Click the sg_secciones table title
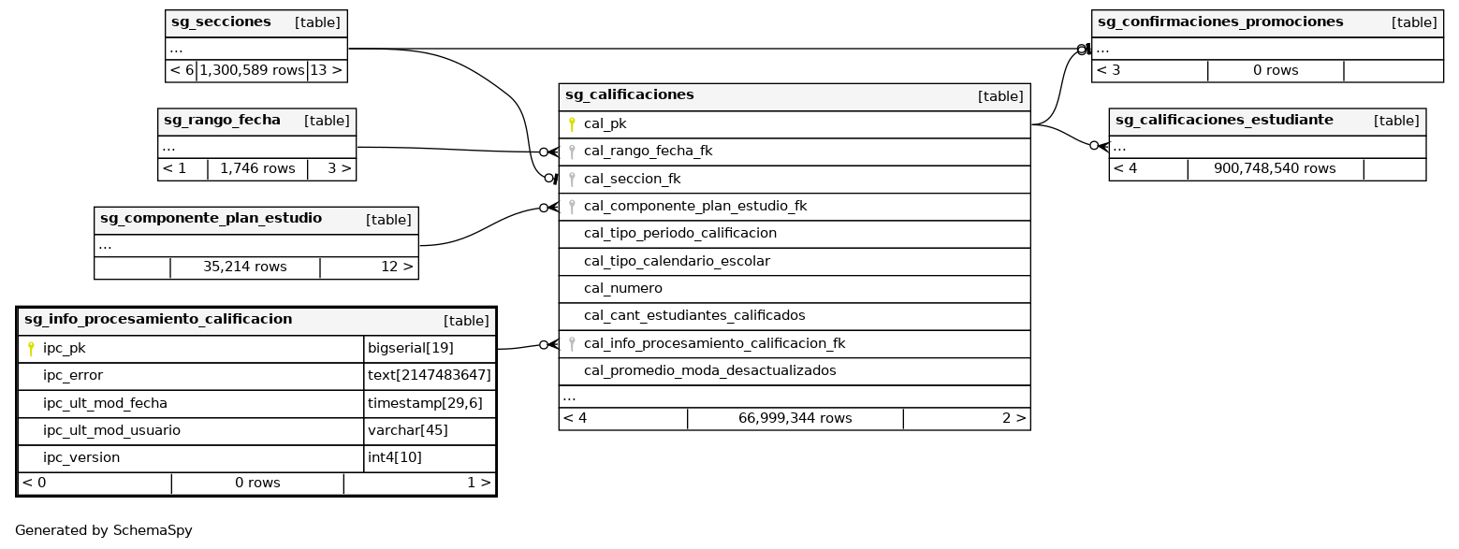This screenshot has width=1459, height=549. coord(221,22)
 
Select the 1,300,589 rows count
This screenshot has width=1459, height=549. coord(252,70)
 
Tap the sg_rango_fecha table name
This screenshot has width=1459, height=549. coord(222,120)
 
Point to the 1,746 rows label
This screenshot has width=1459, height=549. coord(256,168)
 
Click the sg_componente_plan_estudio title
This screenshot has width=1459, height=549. coord(211,218)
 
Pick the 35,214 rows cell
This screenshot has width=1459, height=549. coord(244,267)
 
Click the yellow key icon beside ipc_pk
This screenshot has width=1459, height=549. coord(31,348)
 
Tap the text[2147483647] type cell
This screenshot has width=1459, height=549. coord(429,375)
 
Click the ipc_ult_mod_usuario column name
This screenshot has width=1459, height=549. coord(111,430)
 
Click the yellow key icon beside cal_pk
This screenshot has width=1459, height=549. coord(572,123)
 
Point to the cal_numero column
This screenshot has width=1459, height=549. coord(622,288)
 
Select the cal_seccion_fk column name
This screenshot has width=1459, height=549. coord(632,179)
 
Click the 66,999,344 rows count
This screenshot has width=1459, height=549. coord(795,418)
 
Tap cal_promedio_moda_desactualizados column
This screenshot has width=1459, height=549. coord(709,370)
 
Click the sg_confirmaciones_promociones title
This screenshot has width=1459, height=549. coord(1219,22)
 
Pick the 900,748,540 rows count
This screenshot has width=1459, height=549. coord(1274,168)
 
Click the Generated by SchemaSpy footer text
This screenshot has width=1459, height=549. coord(104,530)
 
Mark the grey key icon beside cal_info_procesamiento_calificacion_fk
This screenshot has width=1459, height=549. coord(572,343)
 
